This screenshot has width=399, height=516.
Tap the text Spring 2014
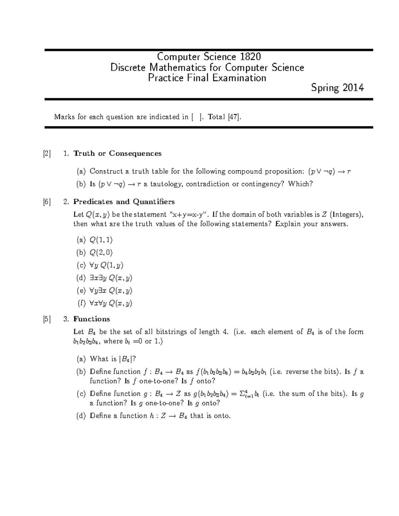(x=337, y=88)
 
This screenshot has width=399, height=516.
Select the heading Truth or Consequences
(x=117, y=154)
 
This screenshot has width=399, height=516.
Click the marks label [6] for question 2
(x=47, y=202)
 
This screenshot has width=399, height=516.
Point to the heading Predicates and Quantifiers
(x=124, y=202)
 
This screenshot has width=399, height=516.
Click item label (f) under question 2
(x=81, y=303)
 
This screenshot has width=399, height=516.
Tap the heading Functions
(x=91, y=319)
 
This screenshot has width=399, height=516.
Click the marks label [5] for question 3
(x=47, y=319)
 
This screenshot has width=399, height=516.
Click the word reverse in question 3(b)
(x=297, y=372)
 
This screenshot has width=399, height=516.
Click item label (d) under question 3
(x=81, y=416)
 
